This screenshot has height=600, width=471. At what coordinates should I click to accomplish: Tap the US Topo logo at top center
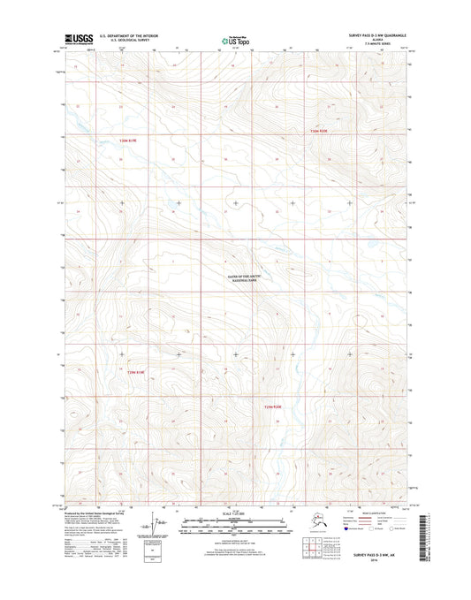(235, 40)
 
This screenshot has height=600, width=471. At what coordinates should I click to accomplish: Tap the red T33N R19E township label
(130, 140)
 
